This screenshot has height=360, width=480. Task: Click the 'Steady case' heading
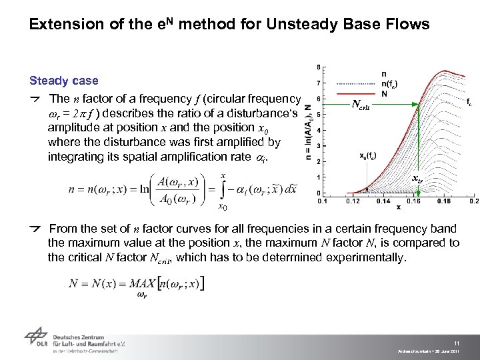pos(63,81)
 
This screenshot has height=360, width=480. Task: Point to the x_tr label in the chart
pos(417,179)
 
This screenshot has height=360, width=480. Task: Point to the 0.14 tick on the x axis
pos(383,201)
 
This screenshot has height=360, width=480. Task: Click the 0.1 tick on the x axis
pos(322,201)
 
